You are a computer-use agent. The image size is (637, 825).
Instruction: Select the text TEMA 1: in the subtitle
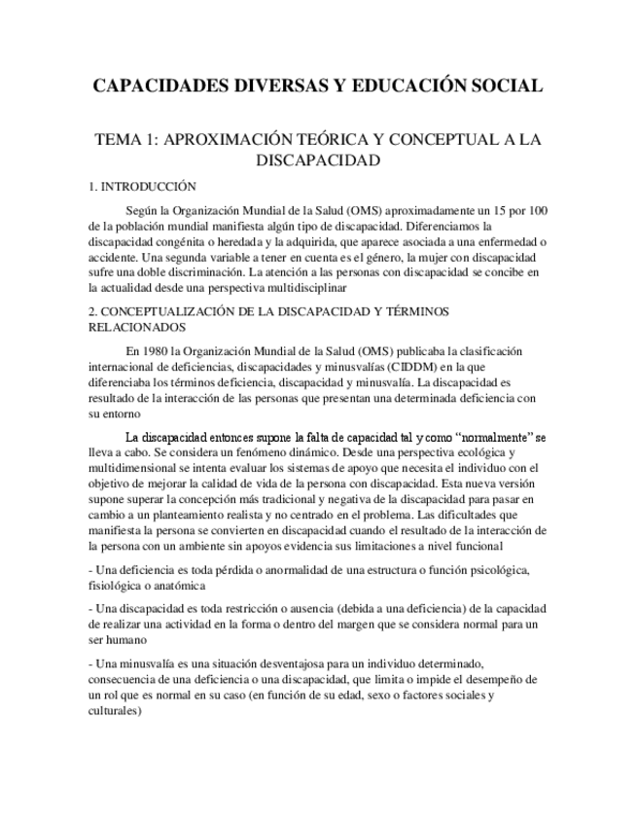124,139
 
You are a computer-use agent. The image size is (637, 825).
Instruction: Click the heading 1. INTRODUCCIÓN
142,186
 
